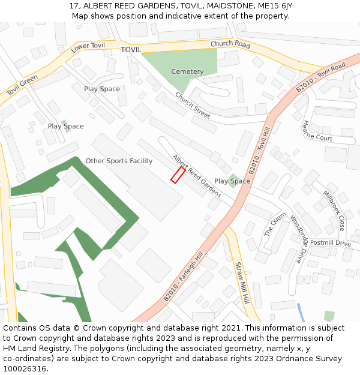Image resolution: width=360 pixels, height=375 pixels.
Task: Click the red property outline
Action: pyautogui.click(x=178, y=175)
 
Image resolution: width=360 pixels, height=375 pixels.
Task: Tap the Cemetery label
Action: pyautogui.click(x=187, y=71)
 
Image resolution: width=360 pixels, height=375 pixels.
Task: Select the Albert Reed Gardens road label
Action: pyautogui.click(x=197, y=176)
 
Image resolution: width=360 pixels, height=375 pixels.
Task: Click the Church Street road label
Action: pyautogui.click(x=193, y=104)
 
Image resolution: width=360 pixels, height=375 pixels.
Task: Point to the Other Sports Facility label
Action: pyautogui.click(x=119, y=161)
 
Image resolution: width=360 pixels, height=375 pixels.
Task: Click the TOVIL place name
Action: pyautogui.click(x=131, y=50)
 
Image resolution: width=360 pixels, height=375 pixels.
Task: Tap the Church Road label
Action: pyautogui.click(x=230, y=44)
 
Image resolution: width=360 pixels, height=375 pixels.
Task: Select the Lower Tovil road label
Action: pyautogui.click(x=88, y=48)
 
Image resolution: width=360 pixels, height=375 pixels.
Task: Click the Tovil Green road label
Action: pyautogui.click(x=22, y=86)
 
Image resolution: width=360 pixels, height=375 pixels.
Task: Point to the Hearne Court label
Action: pyautogui.click(x=317, y=130)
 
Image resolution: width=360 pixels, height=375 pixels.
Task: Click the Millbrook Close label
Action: pyautogui.click(x=334, y=211)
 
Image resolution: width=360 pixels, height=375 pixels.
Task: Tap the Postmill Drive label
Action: pyautogui.click(x=331, y=243)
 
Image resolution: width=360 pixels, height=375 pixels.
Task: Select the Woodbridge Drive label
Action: pyautogui.click(x=301, y=239)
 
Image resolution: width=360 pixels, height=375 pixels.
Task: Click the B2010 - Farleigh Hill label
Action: pyautogui.click(x=184, y=277)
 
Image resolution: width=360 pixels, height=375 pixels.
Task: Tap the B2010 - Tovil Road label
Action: pyautogui.click(x=320, y=76)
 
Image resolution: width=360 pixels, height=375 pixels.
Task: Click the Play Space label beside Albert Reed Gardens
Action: pyautogui.click(x=232, y=181)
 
